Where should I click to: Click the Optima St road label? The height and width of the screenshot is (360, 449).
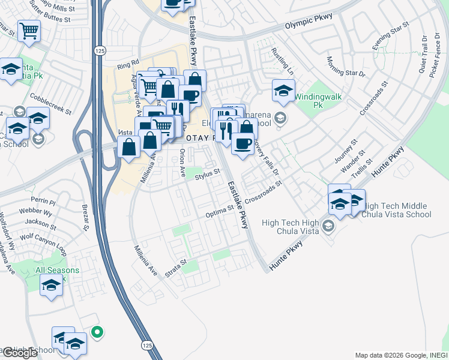click(x=220, y=211)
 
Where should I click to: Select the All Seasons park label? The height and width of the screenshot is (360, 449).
click(x=57, y=271)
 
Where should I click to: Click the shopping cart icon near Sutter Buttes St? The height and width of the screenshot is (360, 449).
click(x=29, y=31)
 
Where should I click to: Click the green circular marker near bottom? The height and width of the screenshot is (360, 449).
click(x=97, y=331)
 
